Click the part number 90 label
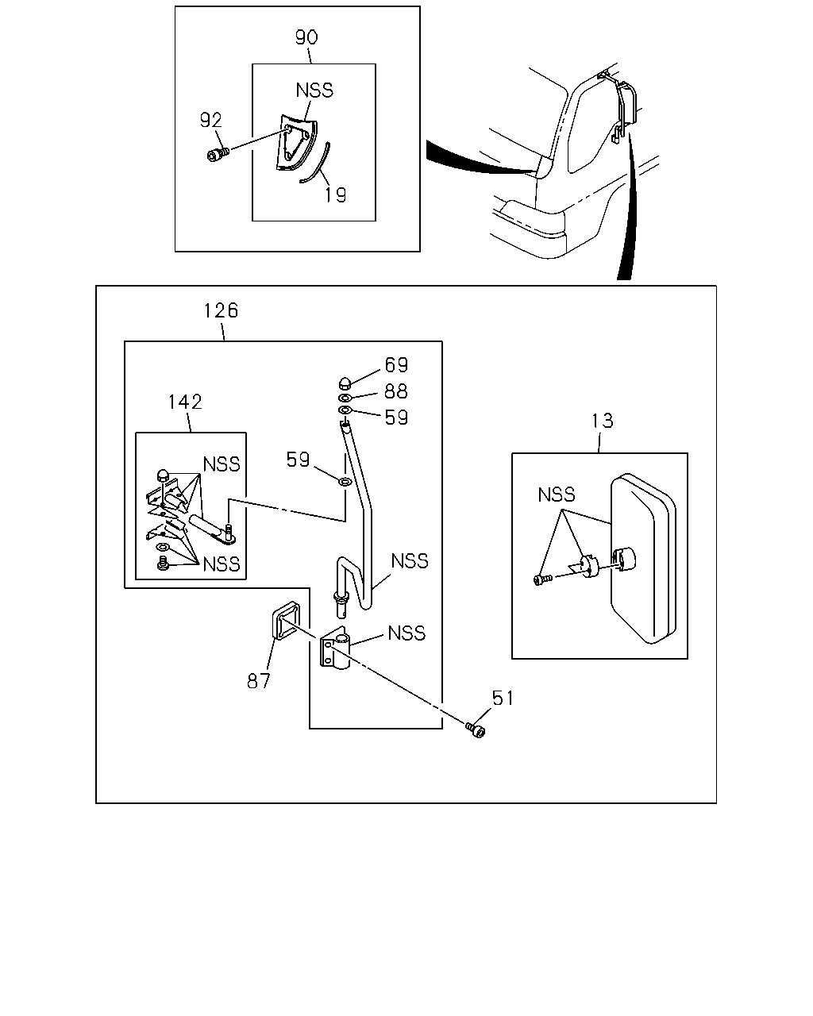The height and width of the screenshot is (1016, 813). pos(306,37)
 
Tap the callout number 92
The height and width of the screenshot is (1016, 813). pos(210,121)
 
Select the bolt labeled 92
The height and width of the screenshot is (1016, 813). pos(218,154)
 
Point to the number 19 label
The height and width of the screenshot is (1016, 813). pos(336,194)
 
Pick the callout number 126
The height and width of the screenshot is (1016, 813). pos(221,310)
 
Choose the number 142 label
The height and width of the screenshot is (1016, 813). pos(185,402)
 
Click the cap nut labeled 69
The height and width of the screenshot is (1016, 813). pos(345,383)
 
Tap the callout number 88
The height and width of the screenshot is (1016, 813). pos(396,391)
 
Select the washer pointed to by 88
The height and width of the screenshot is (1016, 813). pos(345,398)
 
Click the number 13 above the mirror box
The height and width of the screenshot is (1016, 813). pos(603,421)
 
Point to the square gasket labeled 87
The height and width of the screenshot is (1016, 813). pos(286,621)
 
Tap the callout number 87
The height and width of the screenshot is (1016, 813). pos(258,681)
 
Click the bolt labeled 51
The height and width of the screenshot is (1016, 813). pos(476,730)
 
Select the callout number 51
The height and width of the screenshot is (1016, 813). pos(503,698)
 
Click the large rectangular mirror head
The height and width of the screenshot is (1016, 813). pos(643,559)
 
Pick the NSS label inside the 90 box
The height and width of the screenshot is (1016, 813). pos(314,90)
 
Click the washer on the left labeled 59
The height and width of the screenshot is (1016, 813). pos(345,482)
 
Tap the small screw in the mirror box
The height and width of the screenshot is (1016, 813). pos(542,579)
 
